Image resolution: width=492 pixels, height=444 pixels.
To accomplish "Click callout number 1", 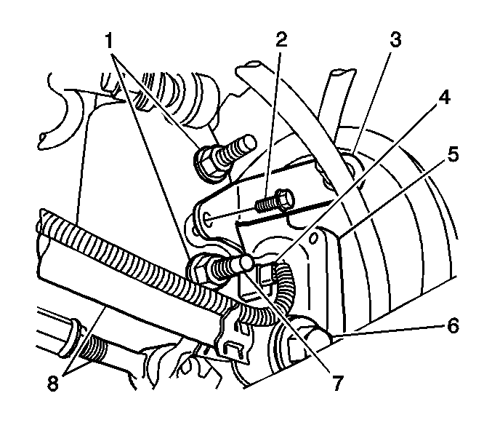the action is coord(109,41).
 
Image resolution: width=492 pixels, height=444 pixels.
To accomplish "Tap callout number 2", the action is coord(281,39).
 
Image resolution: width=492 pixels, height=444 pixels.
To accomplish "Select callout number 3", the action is coord(395,39).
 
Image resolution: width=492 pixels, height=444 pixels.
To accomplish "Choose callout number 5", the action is coord(453,154).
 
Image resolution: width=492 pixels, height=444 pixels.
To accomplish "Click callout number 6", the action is coord(453,325).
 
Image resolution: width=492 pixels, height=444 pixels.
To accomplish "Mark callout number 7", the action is coord(337,382).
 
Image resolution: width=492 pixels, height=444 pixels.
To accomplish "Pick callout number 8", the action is coord(53,383).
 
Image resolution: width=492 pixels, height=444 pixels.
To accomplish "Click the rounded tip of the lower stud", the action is coord(245,262).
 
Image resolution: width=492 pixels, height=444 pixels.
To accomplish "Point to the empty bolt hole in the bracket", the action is coord(209,219).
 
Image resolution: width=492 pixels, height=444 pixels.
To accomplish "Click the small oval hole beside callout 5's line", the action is coord(313,238).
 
